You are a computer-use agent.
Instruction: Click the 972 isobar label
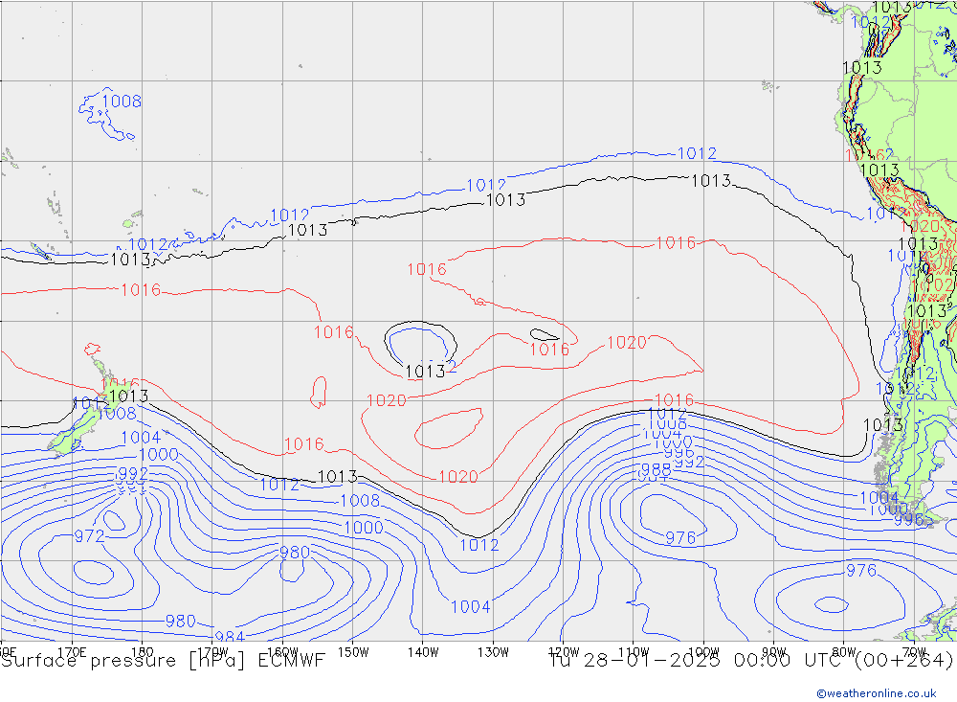(89, 535)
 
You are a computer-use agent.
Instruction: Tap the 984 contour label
(230, 638)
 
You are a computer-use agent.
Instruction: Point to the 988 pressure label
(656, 469)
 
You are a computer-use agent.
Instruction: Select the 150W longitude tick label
(353, 651)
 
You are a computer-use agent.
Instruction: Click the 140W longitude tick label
(422, 651)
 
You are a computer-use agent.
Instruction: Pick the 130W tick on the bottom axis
(493, 651)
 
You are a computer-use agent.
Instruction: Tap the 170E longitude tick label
(73, 651)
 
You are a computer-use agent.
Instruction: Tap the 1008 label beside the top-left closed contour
(122, 102)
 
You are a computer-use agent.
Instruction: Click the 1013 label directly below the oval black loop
(425, 372)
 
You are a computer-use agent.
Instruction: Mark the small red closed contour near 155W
(319, 392)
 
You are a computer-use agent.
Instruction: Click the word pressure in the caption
(128, 660)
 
